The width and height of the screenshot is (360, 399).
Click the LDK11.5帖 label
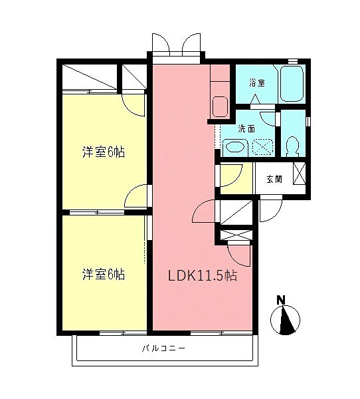click(203, 275)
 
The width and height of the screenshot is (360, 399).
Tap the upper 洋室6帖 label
click(104, 152)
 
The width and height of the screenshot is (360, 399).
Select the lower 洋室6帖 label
click(104, 275)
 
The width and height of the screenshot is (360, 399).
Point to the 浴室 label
click(257, 83)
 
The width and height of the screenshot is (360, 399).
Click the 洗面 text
click(246, 129)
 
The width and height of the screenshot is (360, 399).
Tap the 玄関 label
click(274, 179)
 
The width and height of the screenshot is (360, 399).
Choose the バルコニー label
click(163, 348)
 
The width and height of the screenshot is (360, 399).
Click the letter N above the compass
click(281, 300)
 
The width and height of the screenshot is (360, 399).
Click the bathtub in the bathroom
click(292, 84)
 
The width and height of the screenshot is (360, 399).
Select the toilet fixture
click(292, 146)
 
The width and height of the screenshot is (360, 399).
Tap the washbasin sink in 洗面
click(235, 147)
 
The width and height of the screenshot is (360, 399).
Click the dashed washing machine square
click(262, 147)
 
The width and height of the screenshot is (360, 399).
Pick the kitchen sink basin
click(220, 107)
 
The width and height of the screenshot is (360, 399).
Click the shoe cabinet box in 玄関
click(300, 174)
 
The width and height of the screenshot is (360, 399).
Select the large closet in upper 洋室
click(90, 77)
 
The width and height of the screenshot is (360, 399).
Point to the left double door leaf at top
click(160, 43)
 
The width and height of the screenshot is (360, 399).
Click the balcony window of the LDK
click(221, 333)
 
